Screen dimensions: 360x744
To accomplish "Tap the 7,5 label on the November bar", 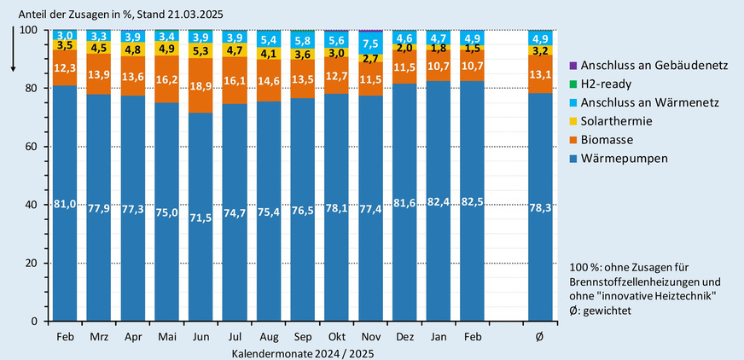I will click(x=371, y=44).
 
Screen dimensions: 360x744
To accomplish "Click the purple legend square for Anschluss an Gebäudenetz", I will click(x=573, y=66).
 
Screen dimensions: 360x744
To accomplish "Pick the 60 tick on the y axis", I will click(x=32, y=147).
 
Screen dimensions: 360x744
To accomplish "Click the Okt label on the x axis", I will click(x=336, y=338).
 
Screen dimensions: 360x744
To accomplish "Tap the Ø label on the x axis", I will click(x=540, y=338).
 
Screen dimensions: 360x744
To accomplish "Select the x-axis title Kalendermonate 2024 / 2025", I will click(x=303, y=352).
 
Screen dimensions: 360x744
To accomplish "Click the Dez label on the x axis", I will click(x=405, y=338).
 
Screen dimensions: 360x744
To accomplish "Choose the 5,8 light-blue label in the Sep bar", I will click(x=302, y=41).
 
